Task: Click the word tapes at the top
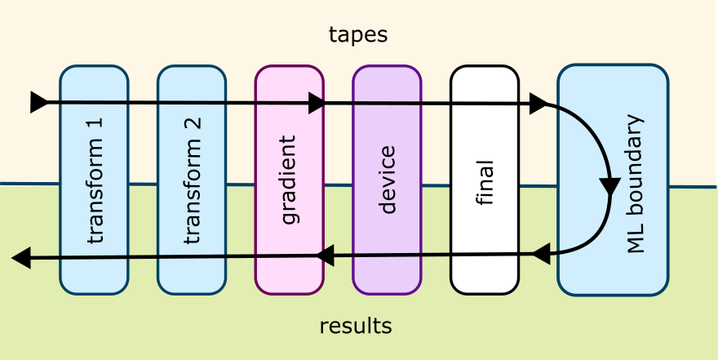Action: point(357,35)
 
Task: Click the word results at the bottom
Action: point(356,327)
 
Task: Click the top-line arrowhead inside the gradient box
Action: point(316,103)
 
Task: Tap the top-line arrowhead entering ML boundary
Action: point(538,103)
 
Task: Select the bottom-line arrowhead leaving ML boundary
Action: point(541,255)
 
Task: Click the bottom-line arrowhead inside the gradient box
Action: point(325,256)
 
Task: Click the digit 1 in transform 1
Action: point(95,127)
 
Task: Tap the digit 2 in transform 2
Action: point(193,127)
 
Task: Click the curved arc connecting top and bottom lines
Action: point(600,139)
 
